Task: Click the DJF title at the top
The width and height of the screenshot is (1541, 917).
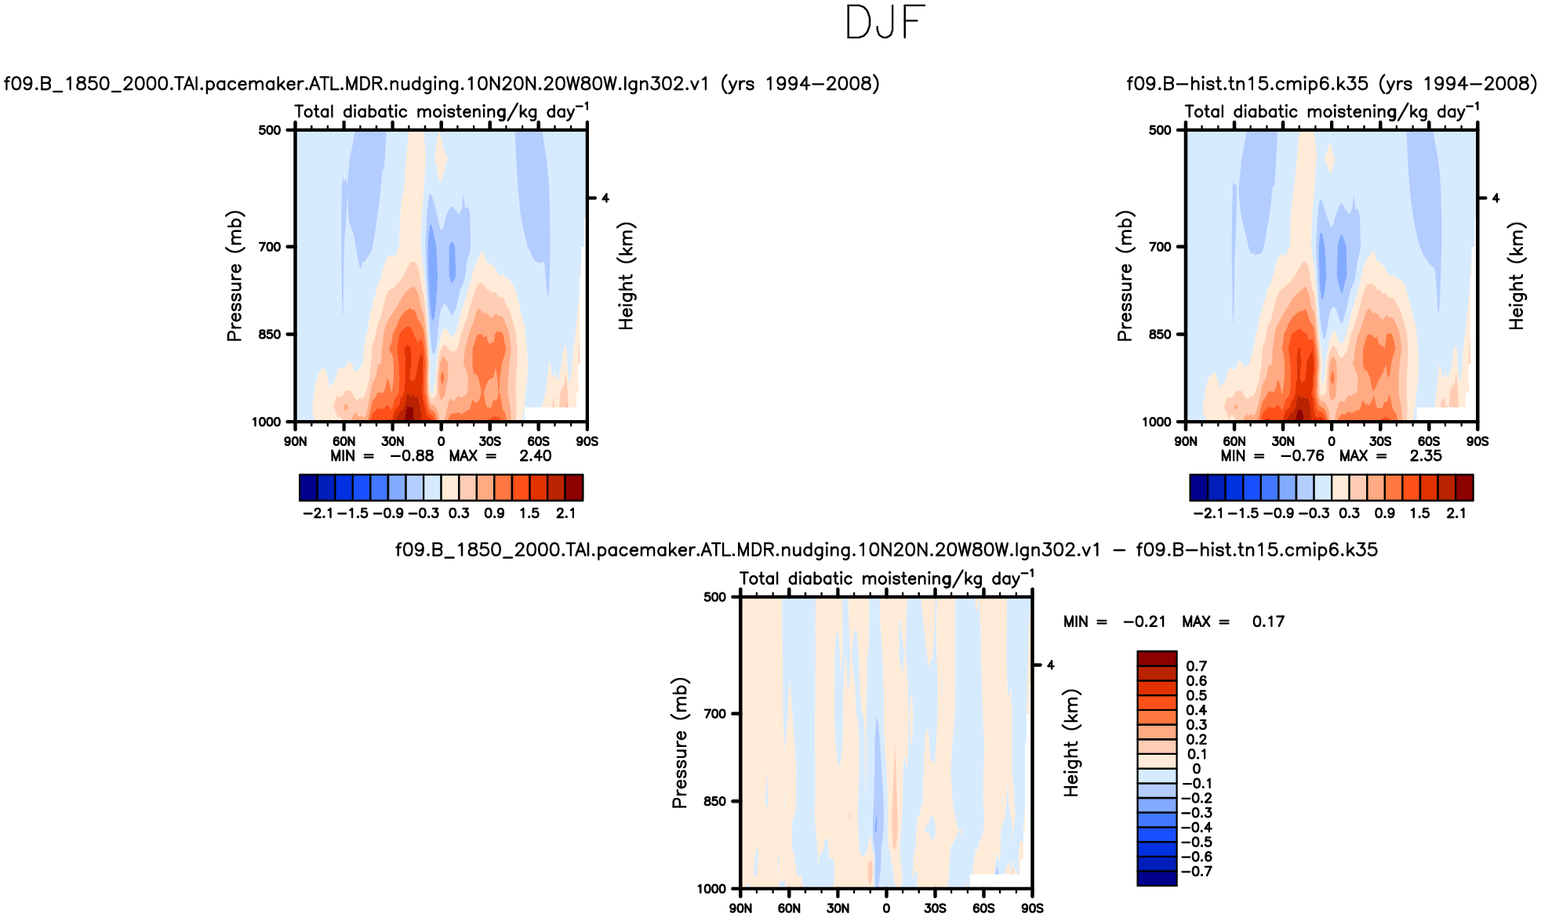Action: coord(885,23)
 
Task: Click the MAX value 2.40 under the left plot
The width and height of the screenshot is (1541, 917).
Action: coord(535,456)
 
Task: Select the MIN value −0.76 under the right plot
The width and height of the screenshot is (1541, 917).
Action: coord(1302,456)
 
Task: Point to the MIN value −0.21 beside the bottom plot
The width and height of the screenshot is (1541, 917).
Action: coord(1144,622)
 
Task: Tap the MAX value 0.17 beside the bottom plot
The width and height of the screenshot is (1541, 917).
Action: coord(1268,622)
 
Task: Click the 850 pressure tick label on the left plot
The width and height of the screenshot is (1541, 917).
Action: coord(269,335)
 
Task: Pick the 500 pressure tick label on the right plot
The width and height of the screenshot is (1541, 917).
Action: coord(1160,130)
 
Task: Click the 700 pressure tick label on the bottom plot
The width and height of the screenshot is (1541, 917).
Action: coord(714,714)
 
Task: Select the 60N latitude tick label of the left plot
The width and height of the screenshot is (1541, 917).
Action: coord(343,442)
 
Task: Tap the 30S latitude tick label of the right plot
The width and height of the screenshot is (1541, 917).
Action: coord(1379,442)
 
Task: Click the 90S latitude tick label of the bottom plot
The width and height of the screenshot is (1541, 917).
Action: coord(1032,908)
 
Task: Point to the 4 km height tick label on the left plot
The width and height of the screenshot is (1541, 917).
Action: coord(605,198)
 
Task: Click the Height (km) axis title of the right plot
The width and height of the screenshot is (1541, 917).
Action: coord(1517,276)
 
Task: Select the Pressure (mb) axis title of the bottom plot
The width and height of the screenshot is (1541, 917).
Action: coord(679,743)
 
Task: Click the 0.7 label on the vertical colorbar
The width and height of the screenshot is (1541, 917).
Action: coord(1196,666)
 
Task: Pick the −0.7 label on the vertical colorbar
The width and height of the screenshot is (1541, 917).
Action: coord(1196,872)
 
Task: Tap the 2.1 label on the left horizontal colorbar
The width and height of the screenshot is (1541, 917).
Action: coord(565,513)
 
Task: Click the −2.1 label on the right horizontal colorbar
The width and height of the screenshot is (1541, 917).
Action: coord(1208,513)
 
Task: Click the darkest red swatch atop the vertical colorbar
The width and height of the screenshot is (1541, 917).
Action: coord(1157,658)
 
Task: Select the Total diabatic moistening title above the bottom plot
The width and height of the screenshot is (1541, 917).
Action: coord(885,578)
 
